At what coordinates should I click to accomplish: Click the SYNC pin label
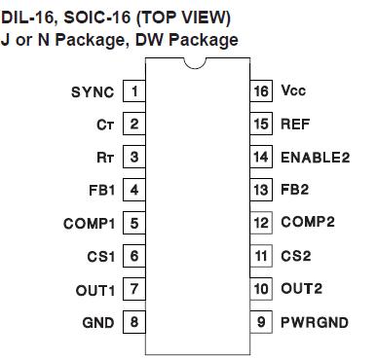coord(93,91)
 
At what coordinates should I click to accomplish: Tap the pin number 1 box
coord(132,91)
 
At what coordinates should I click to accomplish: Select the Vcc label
coord(293,91)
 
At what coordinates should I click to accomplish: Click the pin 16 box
coord(259,91)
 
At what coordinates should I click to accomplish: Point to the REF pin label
coord(295,125)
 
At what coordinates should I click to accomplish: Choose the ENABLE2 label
coord(315,157)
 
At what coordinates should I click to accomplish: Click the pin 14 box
coord(259,157)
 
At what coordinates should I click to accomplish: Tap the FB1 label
coord(100,190)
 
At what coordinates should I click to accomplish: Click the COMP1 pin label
coord(89,223)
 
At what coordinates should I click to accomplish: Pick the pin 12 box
coord(259,223)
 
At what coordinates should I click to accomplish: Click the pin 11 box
coord(259,256)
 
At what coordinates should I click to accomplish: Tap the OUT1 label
coord(95,289)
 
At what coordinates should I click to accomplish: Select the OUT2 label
coord(300,289)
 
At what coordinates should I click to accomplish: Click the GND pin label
coord(98,322)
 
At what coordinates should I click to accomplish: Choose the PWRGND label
coord(314,322)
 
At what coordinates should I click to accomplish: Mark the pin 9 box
coord(259,322)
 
